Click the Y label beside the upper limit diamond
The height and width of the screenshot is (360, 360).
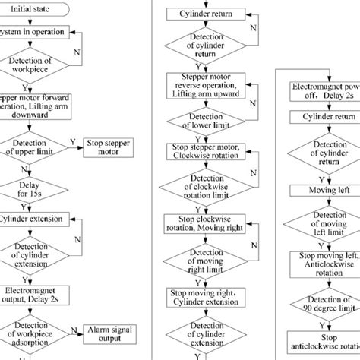click(x=72, y=141)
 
